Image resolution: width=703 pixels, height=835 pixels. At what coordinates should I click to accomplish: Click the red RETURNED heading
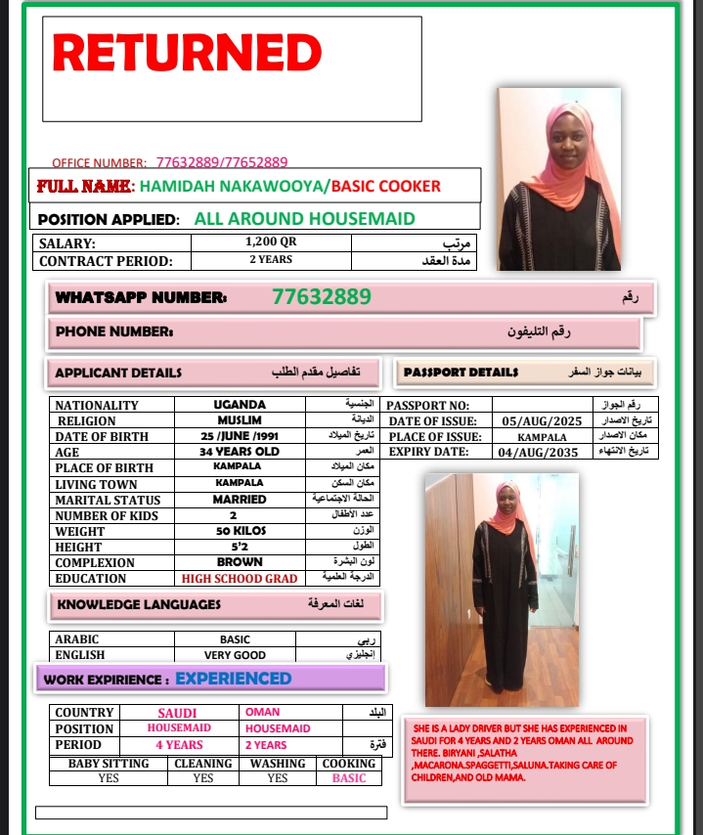tap(187, 53)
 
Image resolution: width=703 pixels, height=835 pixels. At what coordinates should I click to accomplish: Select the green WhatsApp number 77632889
tap(322, 296)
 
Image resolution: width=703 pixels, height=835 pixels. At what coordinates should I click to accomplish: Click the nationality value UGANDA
tap(240, 405)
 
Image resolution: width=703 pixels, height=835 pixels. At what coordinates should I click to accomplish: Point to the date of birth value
tap(240, 436)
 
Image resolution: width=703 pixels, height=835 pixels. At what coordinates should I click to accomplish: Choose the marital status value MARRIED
tap(240, 500)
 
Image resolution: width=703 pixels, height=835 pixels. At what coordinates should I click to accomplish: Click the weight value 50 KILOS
tap(240, 531)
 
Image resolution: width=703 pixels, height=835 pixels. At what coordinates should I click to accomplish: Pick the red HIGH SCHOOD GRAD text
tap(240, 579)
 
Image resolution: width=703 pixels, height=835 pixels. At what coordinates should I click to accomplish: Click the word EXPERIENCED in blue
tap(233, 679)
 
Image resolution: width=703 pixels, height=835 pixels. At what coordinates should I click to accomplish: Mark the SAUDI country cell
tap(177, 713)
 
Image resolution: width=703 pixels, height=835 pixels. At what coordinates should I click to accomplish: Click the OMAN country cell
tap(262, 713)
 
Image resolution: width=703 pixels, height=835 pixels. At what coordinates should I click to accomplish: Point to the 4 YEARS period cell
tap(179, 745)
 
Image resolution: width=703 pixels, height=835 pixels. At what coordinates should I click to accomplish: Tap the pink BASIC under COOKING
tap(349, 778)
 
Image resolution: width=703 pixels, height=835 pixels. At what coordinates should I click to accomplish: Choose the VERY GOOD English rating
tap(235, 655)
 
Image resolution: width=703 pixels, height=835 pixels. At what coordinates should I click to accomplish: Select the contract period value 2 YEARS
tap(271, 260)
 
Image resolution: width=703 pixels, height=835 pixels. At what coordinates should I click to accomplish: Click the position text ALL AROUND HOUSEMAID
tap(305, 219)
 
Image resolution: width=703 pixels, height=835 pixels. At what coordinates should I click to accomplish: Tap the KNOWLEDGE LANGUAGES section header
tap(139, 604)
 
